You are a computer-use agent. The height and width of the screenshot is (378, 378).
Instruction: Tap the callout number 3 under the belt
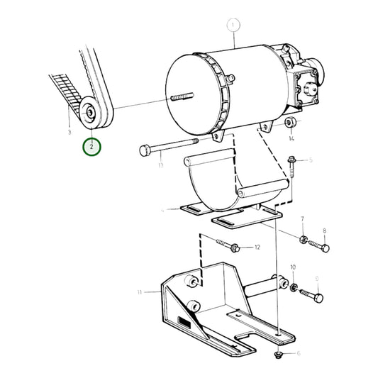click(x=70, y=132)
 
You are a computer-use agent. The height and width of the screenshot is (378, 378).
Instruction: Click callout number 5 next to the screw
click(x=309, y=162)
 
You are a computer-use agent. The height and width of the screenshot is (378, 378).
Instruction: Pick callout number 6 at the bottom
click(x=298, y=353)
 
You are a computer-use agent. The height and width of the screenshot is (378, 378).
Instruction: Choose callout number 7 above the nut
click(x=302, y=221)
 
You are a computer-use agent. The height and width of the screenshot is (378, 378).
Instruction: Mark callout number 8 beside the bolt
click(x=325, y=231)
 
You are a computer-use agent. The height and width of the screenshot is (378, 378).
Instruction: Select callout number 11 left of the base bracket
click(x=140, y=291)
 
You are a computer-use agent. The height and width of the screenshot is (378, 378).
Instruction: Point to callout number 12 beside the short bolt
click(x=257, y=248)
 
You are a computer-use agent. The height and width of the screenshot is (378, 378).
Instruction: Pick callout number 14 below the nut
click(x=290, y=138)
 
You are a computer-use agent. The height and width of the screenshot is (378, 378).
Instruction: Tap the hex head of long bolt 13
click(x=141, y=150)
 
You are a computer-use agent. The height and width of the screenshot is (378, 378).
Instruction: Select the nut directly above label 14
click(x=289, y=125)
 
